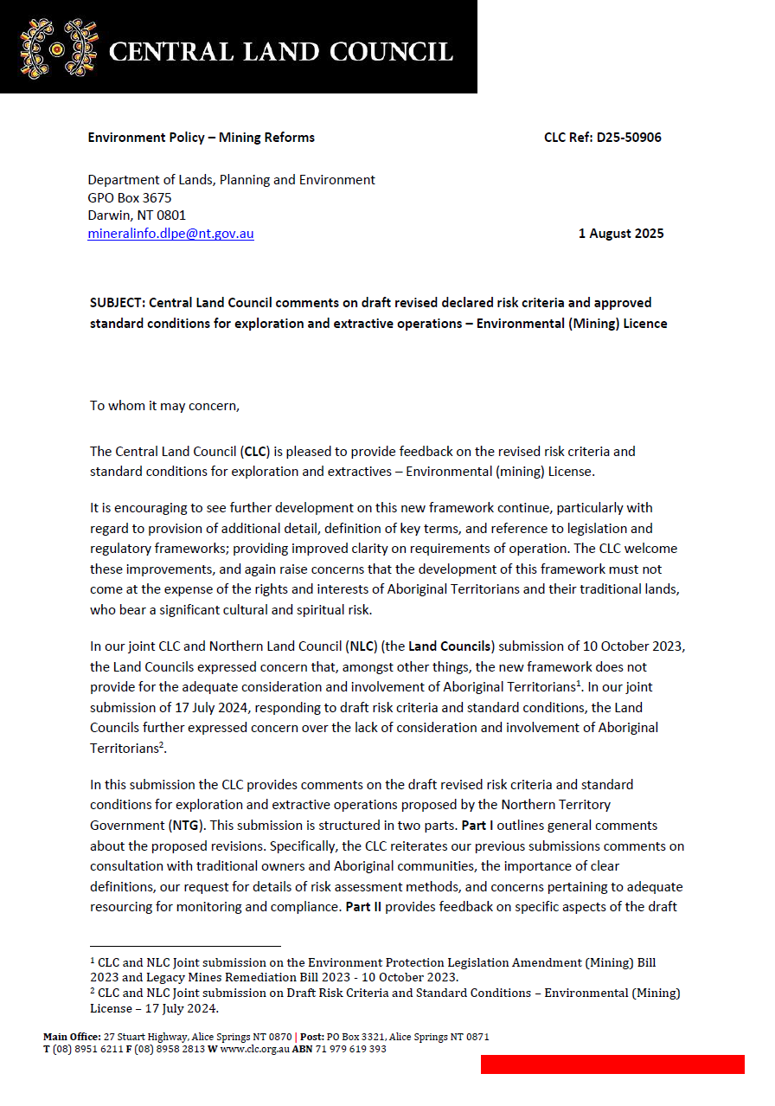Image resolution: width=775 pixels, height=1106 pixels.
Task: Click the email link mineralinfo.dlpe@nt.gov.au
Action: click(x=170, y=234)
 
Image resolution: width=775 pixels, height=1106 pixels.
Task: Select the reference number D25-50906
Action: click(x=629, y=138)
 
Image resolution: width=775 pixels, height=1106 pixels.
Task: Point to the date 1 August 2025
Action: click(x=621, y=234)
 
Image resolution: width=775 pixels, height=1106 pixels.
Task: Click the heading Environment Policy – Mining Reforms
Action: click(x=201, y=138)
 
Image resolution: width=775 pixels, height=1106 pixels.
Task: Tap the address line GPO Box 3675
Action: click(x=130, y=197)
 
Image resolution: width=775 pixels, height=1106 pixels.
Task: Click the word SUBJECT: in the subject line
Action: click(x=118, y=303)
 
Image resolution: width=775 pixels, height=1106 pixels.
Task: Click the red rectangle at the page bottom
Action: click(x=612, y=1064)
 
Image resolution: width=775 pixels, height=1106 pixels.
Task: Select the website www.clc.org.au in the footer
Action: click(x=252, y=1049)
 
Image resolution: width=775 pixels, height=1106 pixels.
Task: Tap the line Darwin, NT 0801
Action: click(x=137, y=215)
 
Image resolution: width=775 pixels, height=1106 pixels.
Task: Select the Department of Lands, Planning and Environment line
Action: click(x=231, y=180)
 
